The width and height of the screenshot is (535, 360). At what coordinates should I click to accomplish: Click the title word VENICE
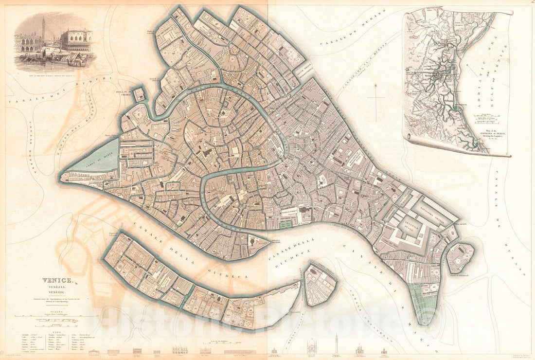click(x=57, y=281)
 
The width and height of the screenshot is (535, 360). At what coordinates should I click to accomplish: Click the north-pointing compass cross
click(x=375, y=97)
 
